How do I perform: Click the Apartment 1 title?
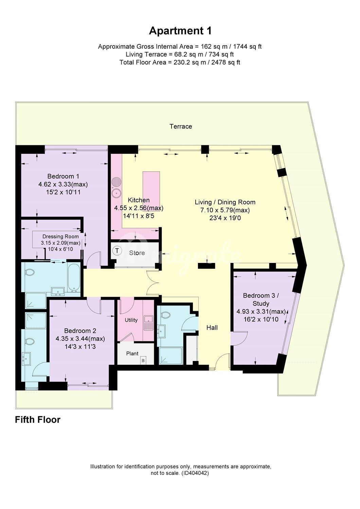pyautogui.click(x=180, y=31)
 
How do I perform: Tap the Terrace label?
pyautogui.click(x=181, y=126)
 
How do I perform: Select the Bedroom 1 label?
pyautogui.click(x=63, y=176)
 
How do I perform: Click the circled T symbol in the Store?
pyautogui.click(x=117, y=251)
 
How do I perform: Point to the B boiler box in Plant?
pyautogui.click(x=143, y=360)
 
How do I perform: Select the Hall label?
pyautogui.click(x=212, y=327)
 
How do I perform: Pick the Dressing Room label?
pyautogui.click(x=60, y=237)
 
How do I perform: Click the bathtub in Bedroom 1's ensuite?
pyautogui.click(x=74, y=277)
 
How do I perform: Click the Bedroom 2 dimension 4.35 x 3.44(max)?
pyautogui.click(x=80, y=339)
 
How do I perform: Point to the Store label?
pyautogui.click(x=137, y=253)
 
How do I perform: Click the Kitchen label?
pyautogui.click(x=139, y=200)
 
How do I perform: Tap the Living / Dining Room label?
pyautogui.click(x=225, y=202)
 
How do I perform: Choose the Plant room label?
pyautogui.click(x=132, y=354)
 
